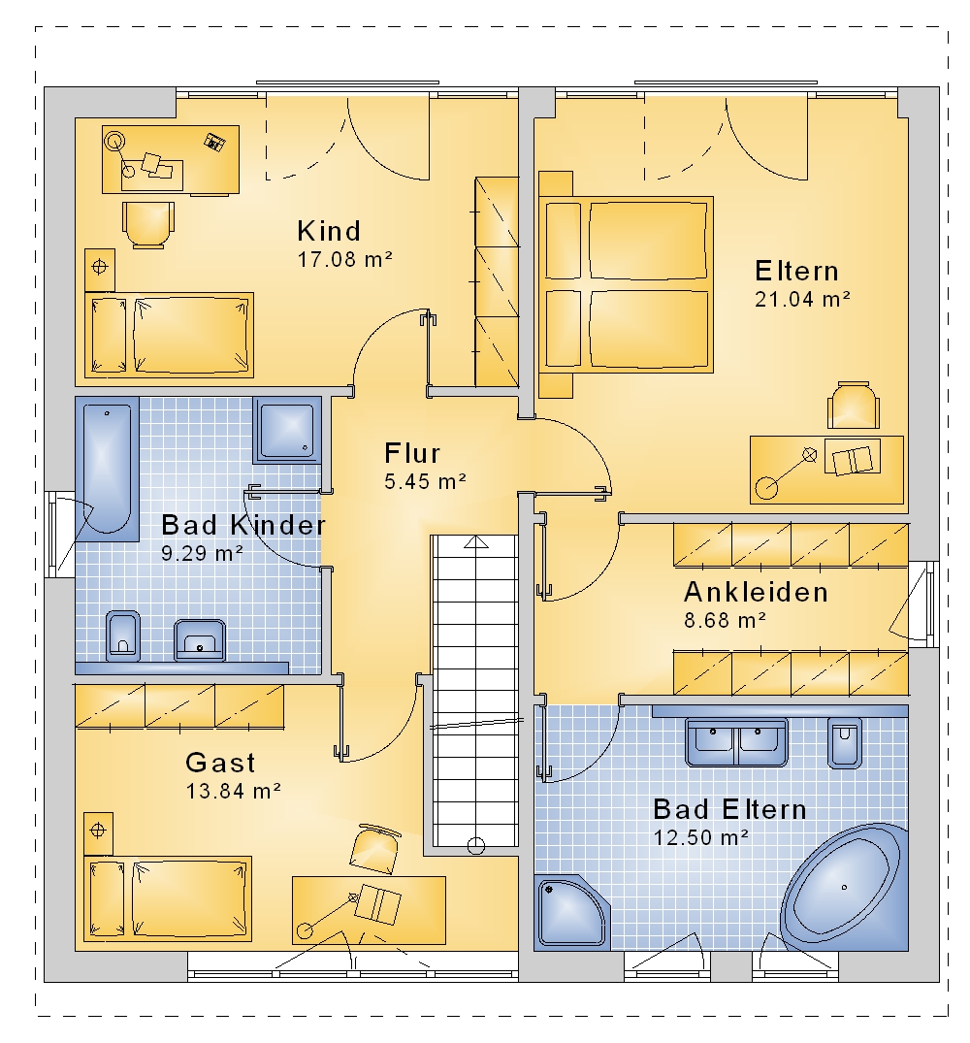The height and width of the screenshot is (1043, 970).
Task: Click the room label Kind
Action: [x=329, y=232]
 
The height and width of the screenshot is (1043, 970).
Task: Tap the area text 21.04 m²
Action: [x=802, y=300]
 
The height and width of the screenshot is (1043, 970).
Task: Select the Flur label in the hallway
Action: [x=412, y=454]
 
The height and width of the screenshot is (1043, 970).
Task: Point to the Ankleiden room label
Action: [x=756, y=592]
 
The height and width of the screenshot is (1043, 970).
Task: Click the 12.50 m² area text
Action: [x=700, y=836]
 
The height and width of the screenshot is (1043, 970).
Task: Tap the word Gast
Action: [x=220, y=763]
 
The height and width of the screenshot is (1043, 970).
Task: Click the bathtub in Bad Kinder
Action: [x=107, y=469]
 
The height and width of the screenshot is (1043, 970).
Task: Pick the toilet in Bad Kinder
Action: [x=123, y=636]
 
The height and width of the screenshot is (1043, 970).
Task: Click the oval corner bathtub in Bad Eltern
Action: [x=844, y=886]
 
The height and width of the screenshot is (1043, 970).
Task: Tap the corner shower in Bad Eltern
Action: [x=570, y=911]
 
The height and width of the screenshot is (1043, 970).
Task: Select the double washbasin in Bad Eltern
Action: [x=736, y=741]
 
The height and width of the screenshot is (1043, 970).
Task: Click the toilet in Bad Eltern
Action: [x=844, y=742]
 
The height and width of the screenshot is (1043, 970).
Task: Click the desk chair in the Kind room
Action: [x=148, y=225]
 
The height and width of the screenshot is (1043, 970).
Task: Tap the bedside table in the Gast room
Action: [x=98, y=832]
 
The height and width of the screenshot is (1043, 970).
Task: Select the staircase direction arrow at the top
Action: [x=476, y=542]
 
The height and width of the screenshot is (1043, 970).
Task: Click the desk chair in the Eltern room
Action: [x=854, y=406]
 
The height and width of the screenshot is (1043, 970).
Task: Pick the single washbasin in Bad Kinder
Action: [x=200, y=640]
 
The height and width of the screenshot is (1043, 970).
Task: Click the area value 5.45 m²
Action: [x=426, y=481]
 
